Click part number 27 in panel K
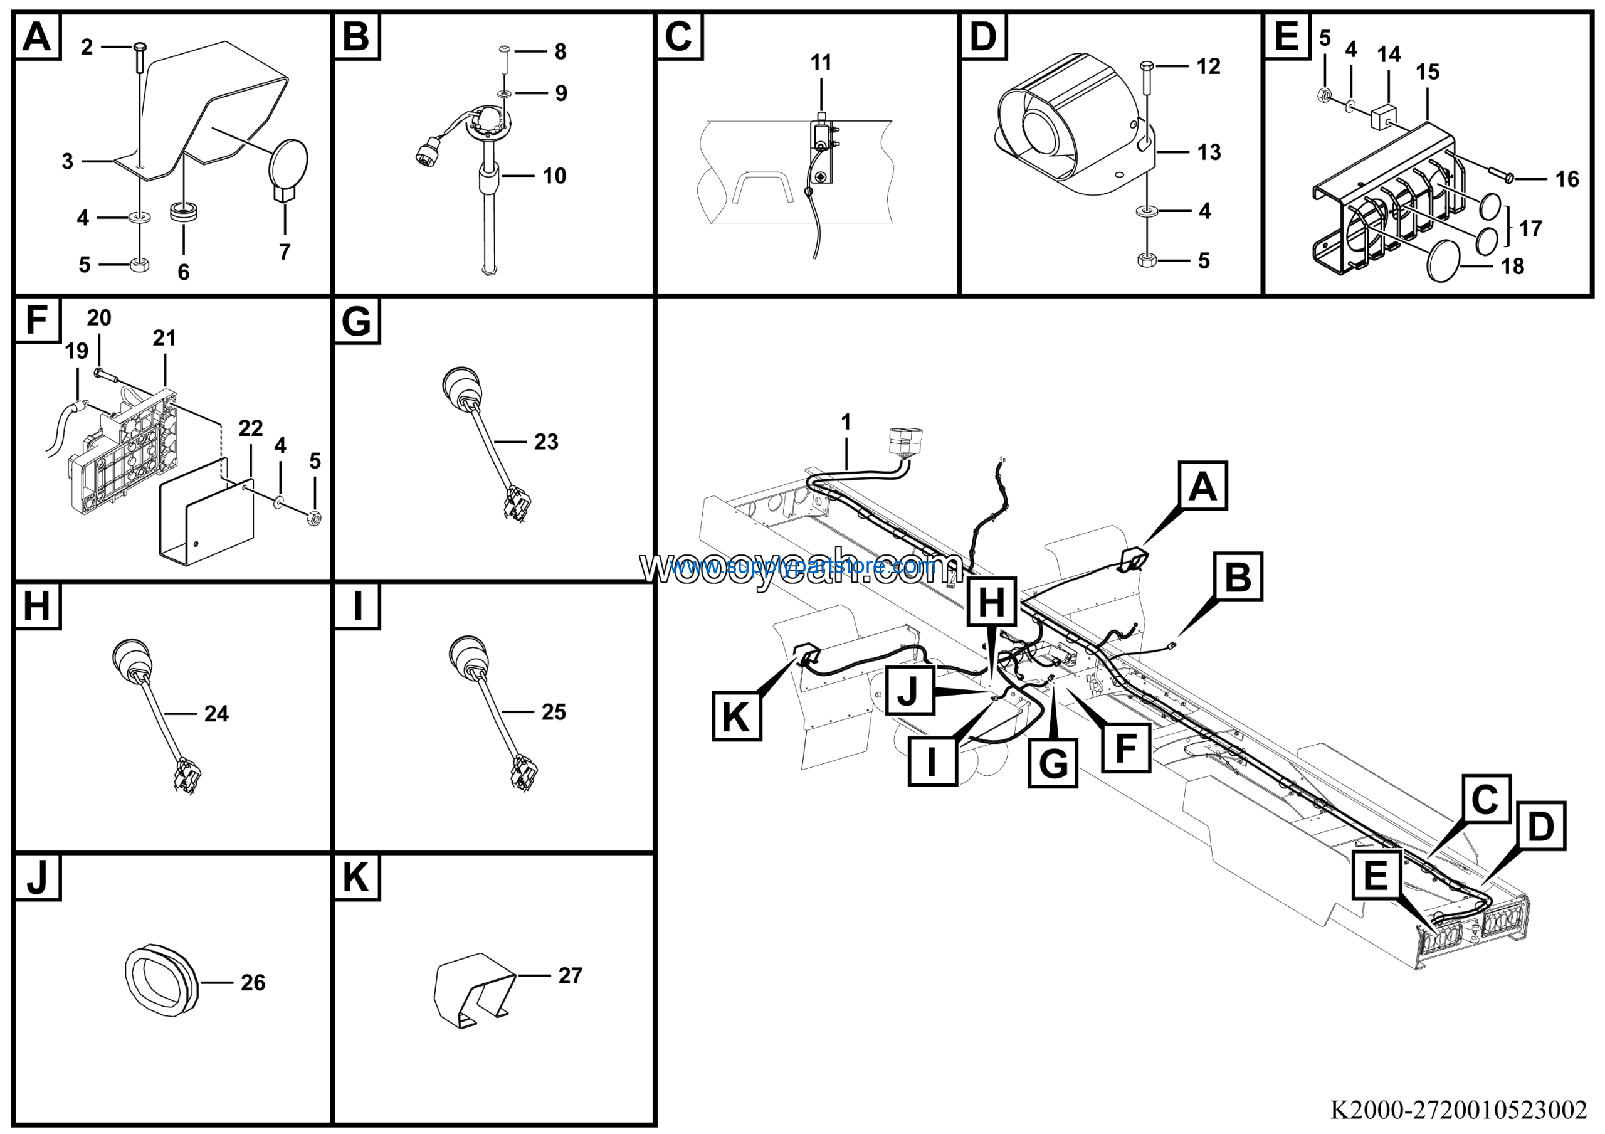pos(570,975)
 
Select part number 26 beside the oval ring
pos(253,982)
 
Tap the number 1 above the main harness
pos(846,422)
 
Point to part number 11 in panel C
pos(821,63)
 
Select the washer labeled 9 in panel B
pos(503,93)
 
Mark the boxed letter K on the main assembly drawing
pos(736,716)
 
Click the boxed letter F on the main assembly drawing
pos(1125,748)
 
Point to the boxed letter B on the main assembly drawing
pos(1238,577)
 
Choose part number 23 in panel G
pos(546,442)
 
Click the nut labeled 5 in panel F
pos(315,518)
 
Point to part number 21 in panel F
pos(164,339)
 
